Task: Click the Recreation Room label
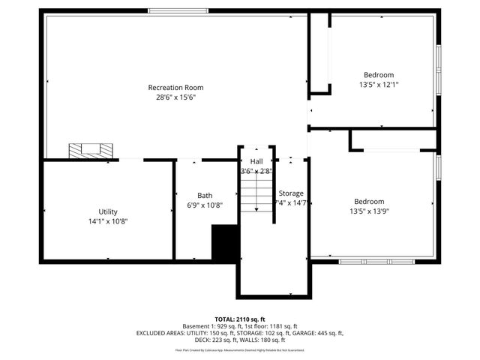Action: coord(175,88)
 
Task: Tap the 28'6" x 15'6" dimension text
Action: coord(175,97)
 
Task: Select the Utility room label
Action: coord(108,211)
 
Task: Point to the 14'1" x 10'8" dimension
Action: coord(108,221)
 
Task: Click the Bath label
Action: coord(205,195)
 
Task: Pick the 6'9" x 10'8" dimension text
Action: coord(205,205)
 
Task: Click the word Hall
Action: coord(256,161)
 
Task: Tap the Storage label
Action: coord(291,193)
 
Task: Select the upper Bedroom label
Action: coord(379,75)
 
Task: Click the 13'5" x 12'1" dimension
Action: coord(379,85)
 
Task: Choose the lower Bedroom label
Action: coord(369,201)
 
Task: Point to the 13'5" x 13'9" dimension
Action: coord(369,211)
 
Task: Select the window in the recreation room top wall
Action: coord(177,10)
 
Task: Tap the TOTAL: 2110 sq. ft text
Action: coord(240,319)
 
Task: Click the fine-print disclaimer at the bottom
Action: coord(240,350)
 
